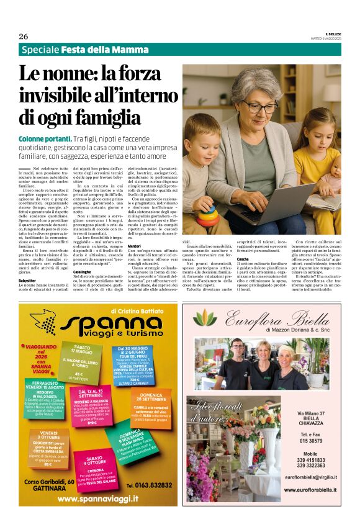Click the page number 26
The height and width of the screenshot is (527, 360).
(x=24, y=37)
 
